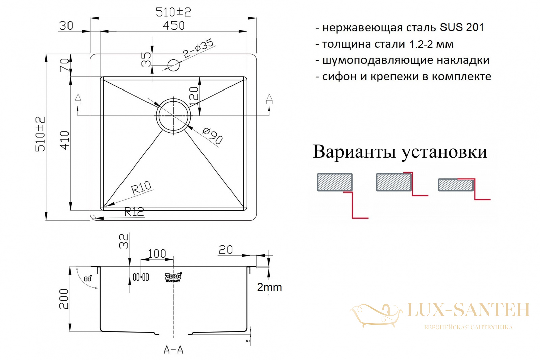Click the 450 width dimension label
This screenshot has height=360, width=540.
click(173, 26)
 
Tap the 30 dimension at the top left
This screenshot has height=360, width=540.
click(66, 26)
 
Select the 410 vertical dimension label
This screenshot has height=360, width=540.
click(64, 140)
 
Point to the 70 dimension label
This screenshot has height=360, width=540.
click(64, 65)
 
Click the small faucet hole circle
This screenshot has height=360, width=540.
click(173, 65)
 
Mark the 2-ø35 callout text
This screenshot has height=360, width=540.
click(198, 48)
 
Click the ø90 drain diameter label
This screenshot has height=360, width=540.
click(212, 136)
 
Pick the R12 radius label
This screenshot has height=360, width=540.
click(134, 212)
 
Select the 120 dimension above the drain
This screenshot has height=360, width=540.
click(194, 96)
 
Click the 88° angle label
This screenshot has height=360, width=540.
click(88, 278)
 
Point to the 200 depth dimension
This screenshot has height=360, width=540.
click(64, 299)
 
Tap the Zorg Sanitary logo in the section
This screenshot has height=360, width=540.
click(173, 277)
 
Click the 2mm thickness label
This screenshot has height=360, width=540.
click(269, 287)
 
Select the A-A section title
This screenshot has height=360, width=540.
click(173, 350)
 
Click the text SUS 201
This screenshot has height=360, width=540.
click(462, 27)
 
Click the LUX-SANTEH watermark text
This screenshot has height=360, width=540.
click(468, 310)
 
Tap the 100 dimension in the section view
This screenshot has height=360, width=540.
click(157, 254)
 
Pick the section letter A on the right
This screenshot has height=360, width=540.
click(269, 99)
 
